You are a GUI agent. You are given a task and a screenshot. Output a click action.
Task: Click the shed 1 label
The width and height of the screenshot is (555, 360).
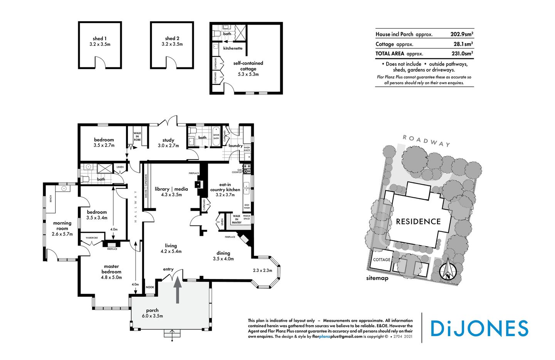[x=100, y=39]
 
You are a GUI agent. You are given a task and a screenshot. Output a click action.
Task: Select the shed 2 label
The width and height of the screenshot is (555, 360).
[x=172, y=39]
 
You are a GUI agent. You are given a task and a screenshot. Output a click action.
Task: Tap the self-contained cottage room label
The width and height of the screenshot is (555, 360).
[x=248, y=66]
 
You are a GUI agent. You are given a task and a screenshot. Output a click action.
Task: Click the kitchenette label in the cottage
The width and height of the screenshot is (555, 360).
[x=233, y=48]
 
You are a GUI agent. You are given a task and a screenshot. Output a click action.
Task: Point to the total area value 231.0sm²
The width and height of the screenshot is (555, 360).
[x=462, y=54]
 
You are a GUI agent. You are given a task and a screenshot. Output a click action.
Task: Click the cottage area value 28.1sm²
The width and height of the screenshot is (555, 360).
[x=463, y=44]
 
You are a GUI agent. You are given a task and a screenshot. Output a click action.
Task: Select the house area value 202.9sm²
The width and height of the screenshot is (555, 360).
[x=462, y=34]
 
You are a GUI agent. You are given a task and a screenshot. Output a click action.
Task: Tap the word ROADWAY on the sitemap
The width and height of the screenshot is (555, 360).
[x=426, y=141]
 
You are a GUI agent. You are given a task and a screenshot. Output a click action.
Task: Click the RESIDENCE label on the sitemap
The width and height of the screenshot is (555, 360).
[x=418, y=222]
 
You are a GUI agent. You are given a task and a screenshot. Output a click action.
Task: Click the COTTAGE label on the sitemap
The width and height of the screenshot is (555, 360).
[x=382, y=260]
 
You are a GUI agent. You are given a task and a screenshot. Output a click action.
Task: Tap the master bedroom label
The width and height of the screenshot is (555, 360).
[x=111, y=269]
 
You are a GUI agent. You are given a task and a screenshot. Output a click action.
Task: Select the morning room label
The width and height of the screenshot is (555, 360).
[x=62, y=226]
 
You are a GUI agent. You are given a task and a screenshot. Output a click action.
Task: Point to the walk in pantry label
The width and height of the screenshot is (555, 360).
[x=237, y=219]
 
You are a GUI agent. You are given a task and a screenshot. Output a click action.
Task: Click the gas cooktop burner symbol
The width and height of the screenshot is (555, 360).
[x=247, y=169]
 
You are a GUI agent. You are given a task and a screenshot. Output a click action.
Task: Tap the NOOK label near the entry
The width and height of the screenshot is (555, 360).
[x=150, y=288]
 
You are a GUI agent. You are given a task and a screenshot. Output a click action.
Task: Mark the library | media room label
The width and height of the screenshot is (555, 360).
[x=172, y=189]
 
